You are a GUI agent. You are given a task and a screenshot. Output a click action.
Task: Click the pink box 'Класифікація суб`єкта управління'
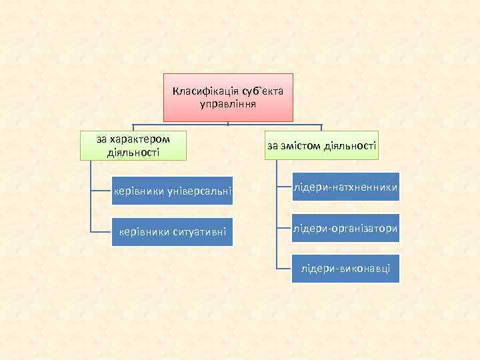pyautogui.click(x=228, y=97)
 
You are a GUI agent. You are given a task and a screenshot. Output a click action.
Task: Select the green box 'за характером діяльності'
pyautogui.click(x=133, y=146)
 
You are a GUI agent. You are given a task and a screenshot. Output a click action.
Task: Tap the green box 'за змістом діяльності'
pyautogui.click(x=321, y=145)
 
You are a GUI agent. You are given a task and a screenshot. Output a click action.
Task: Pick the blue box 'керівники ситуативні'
pyautogui.click(x=172, y=232)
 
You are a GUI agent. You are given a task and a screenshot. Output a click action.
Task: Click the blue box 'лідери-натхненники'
pyautogui.click(x=345, y=190)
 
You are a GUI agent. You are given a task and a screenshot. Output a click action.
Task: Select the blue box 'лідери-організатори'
pyautogui.click(x=345, y=229)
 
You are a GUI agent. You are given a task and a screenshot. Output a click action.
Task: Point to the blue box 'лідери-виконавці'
pyautogui.click(x=345, y=269)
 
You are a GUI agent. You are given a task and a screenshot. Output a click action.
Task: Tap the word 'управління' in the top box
pyautogui.click(x=228, y=105)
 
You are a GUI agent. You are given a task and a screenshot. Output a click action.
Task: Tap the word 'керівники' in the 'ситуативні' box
pyautogui.click(x=143, y=232)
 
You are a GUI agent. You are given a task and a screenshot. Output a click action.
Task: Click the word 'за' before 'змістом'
pyautogui.click(x=272, y=145)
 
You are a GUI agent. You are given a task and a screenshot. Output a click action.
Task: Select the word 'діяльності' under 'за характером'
pyautogui.click(x=133, y=153)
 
